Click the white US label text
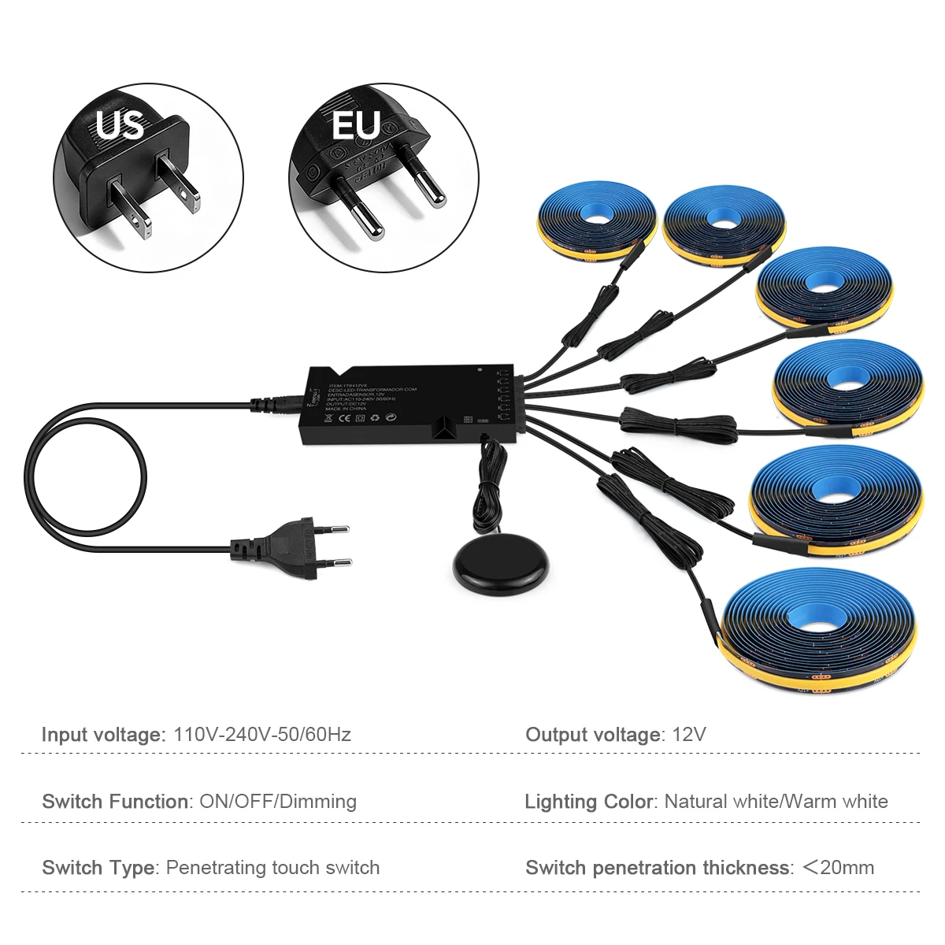[x=120, y=124]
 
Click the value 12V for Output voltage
[x=689, y=735]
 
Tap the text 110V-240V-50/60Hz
[x=262, y=735]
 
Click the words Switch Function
[x=115, y=802]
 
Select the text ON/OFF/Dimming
[x=278, y=802]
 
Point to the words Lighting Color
[x=589, y=802]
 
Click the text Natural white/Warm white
[x=776, y=802]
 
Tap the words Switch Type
[x=98, y=868]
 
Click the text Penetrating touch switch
[x=272, y=868]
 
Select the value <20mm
[x=838, y=868]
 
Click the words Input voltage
[x=101, y=735]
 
